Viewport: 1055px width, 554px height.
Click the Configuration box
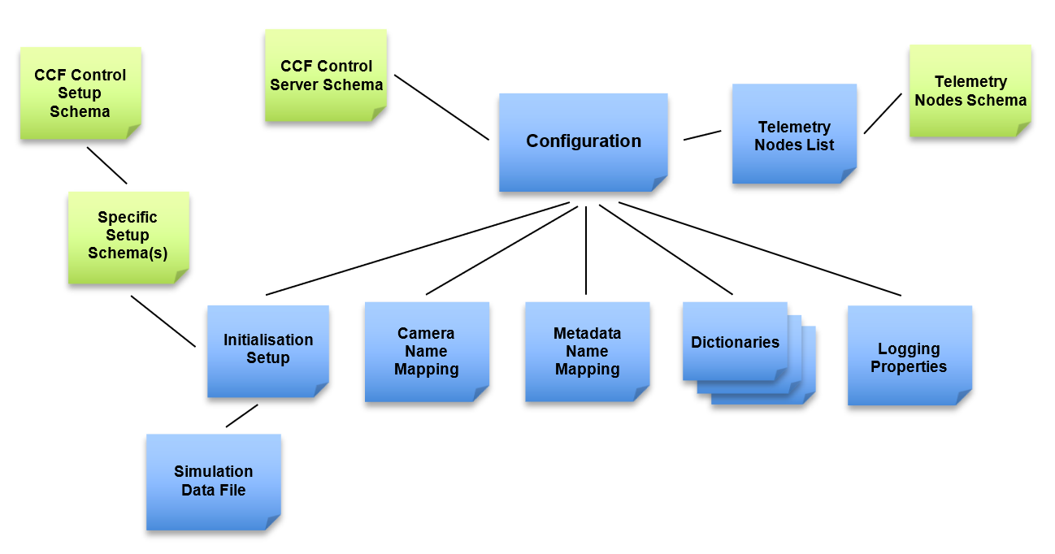(x=583, y=142)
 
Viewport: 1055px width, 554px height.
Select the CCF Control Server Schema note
(x=326, y=76)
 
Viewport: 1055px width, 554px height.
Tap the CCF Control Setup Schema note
(x=80, y=93)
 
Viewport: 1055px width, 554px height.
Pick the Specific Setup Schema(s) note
(x=128, y=236)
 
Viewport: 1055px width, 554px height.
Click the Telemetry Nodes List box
(x=794, y=135)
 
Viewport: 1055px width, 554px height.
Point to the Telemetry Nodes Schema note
(x=970, y=91)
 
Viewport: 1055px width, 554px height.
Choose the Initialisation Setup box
(x=267, y=349)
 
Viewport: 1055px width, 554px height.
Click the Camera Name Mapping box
(x=426, y=352)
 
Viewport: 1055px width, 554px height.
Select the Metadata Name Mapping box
(x=587, y=352)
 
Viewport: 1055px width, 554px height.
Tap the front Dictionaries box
(x=734, y=342)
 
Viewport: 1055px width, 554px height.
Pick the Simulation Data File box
(x=213, y=481)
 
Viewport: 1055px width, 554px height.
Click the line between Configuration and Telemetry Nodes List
(x=702, y=135)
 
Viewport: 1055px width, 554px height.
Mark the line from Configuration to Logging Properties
(x=760, y=249)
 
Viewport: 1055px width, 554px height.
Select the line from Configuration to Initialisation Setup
(x=418, y=249)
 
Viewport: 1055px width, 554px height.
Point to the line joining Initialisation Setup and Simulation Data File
(x=241, y=415)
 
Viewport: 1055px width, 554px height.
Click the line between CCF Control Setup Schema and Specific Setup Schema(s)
(x=107, y=166)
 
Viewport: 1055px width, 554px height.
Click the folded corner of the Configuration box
(x=659, y=184)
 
